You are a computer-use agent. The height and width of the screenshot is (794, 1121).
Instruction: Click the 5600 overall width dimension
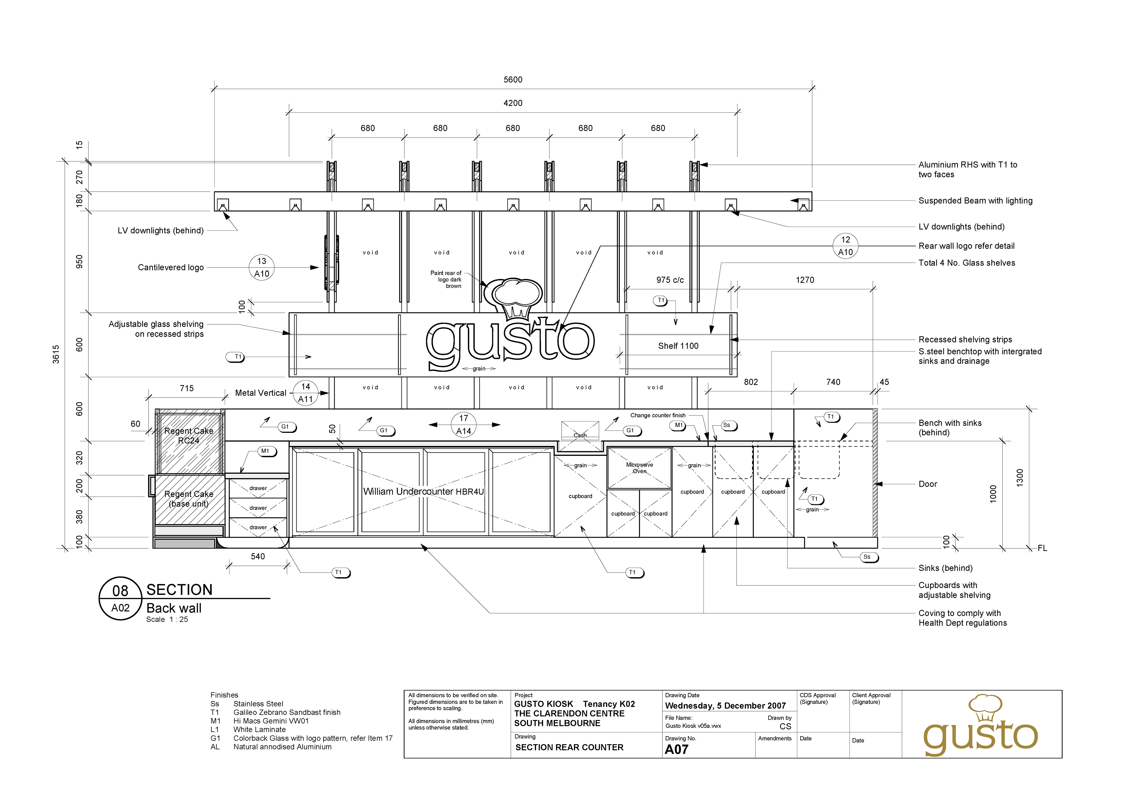pos(513,80)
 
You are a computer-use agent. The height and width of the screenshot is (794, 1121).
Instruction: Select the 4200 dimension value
pos(513,103)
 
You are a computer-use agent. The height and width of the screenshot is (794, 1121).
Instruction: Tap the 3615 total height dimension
pos(56,354)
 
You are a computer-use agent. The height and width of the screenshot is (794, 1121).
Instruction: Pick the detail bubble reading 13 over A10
pos(262,267)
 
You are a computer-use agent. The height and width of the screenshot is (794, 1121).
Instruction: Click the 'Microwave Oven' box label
pos(640,468)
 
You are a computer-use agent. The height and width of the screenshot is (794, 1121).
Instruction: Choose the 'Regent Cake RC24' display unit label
pos(189,436)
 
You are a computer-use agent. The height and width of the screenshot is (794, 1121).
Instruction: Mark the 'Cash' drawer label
pos(580,435)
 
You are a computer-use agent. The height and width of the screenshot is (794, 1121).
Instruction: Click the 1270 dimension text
pos(805,280)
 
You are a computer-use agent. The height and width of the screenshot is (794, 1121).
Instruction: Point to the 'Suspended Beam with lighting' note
pos(975,201)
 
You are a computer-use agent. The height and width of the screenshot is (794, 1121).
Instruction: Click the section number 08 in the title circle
pos(120,591)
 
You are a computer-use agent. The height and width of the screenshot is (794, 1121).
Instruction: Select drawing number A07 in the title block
pos(677,749)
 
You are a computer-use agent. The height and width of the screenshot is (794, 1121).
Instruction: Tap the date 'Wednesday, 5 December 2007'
pos(725,706)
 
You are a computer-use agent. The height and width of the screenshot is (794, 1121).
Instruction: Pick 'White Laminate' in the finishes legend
pos(259,730)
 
